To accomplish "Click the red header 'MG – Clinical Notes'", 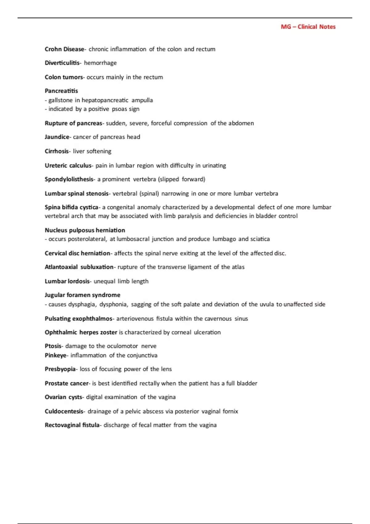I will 308,27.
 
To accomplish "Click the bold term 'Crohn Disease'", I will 64,49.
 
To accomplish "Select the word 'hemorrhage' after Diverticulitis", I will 100,63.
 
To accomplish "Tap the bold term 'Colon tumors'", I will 64,77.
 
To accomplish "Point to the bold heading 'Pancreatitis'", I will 61,91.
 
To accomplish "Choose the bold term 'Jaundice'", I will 57,137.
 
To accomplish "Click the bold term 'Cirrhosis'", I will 56,151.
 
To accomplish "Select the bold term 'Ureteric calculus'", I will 68,166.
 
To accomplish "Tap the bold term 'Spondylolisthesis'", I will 69,179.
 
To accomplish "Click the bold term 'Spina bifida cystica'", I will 71,207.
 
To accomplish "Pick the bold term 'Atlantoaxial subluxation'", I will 79,267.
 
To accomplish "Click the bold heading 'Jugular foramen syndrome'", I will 82,295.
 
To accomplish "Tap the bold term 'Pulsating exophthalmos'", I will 78,319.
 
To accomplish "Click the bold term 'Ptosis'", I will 53,346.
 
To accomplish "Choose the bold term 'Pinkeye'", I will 55,355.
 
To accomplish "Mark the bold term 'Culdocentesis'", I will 64,411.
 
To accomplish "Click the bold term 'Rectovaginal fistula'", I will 72,425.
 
